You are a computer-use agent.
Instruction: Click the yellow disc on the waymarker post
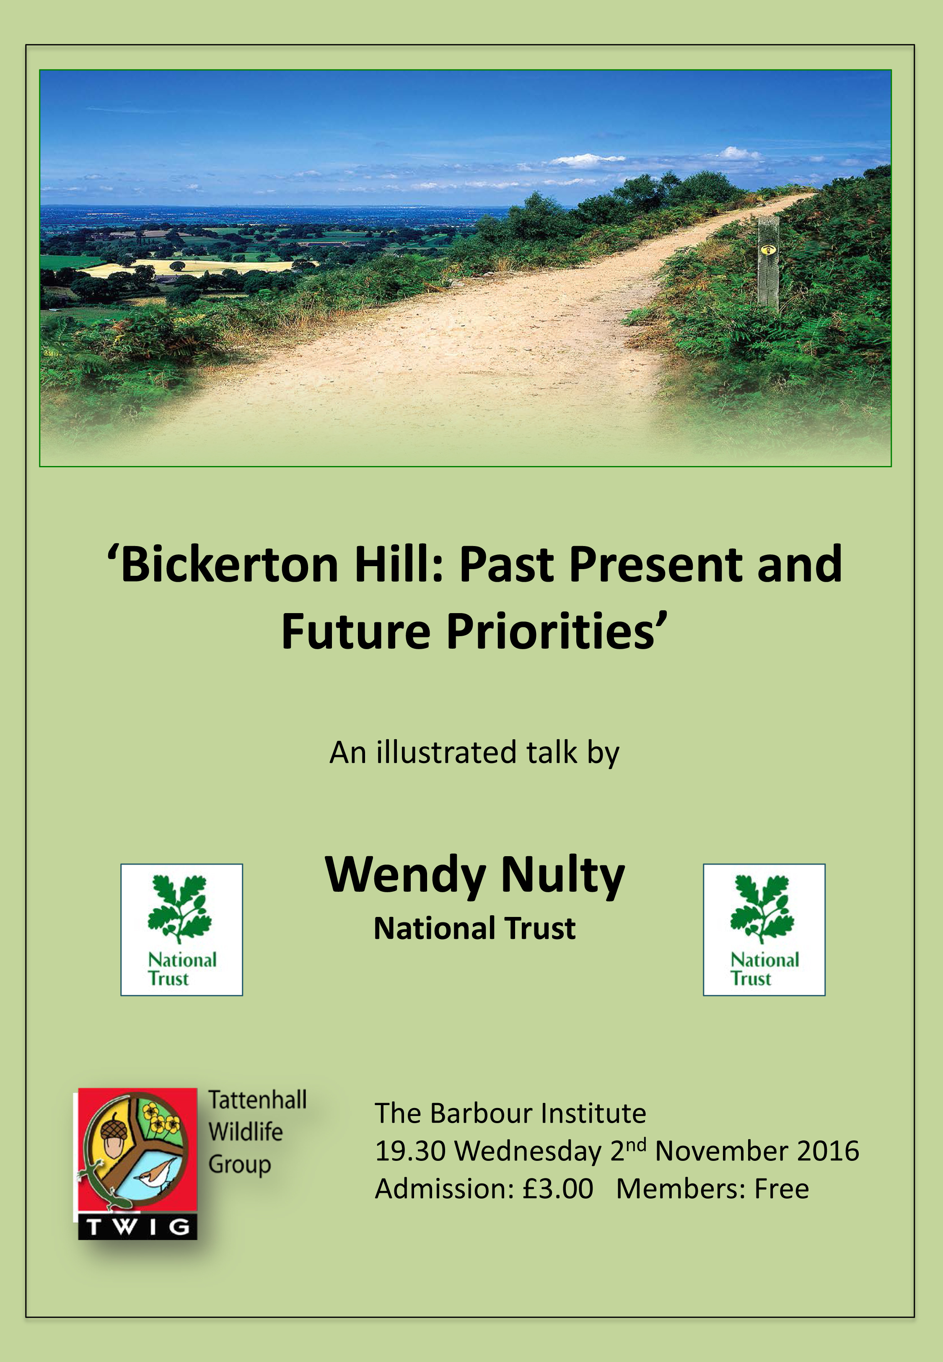point(768,249)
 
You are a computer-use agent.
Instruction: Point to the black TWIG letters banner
point(137,1227)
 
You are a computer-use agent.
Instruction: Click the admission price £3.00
point(557,1189)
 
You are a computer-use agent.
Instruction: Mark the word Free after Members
point(782,1189)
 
